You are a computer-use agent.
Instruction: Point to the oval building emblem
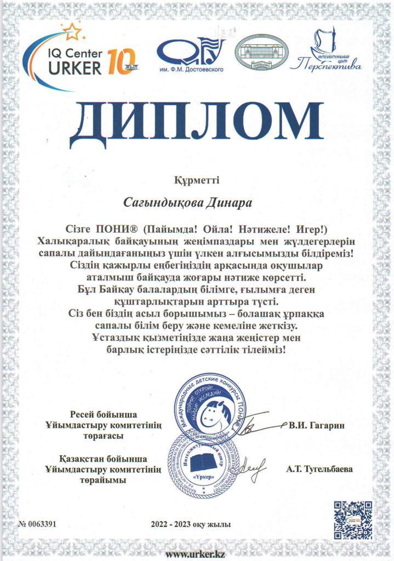(260, 53)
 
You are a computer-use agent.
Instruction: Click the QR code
(353, 519)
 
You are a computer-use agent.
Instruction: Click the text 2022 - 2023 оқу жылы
(191, 525)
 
